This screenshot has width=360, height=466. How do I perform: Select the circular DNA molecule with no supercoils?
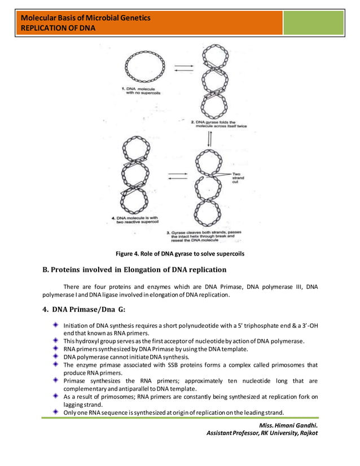145,67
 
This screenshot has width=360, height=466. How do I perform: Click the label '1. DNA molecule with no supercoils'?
142,91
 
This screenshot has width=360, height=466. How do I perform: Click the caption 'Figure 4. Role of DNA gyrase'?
179,254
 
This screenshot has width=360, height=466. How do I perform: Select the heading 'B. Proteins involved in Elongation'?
135,269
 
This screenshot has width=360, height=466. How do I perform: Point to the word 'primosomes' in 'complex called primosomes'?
288,365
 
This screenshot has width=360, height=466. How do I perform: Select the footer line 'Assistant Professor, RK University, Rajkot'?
262,433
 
